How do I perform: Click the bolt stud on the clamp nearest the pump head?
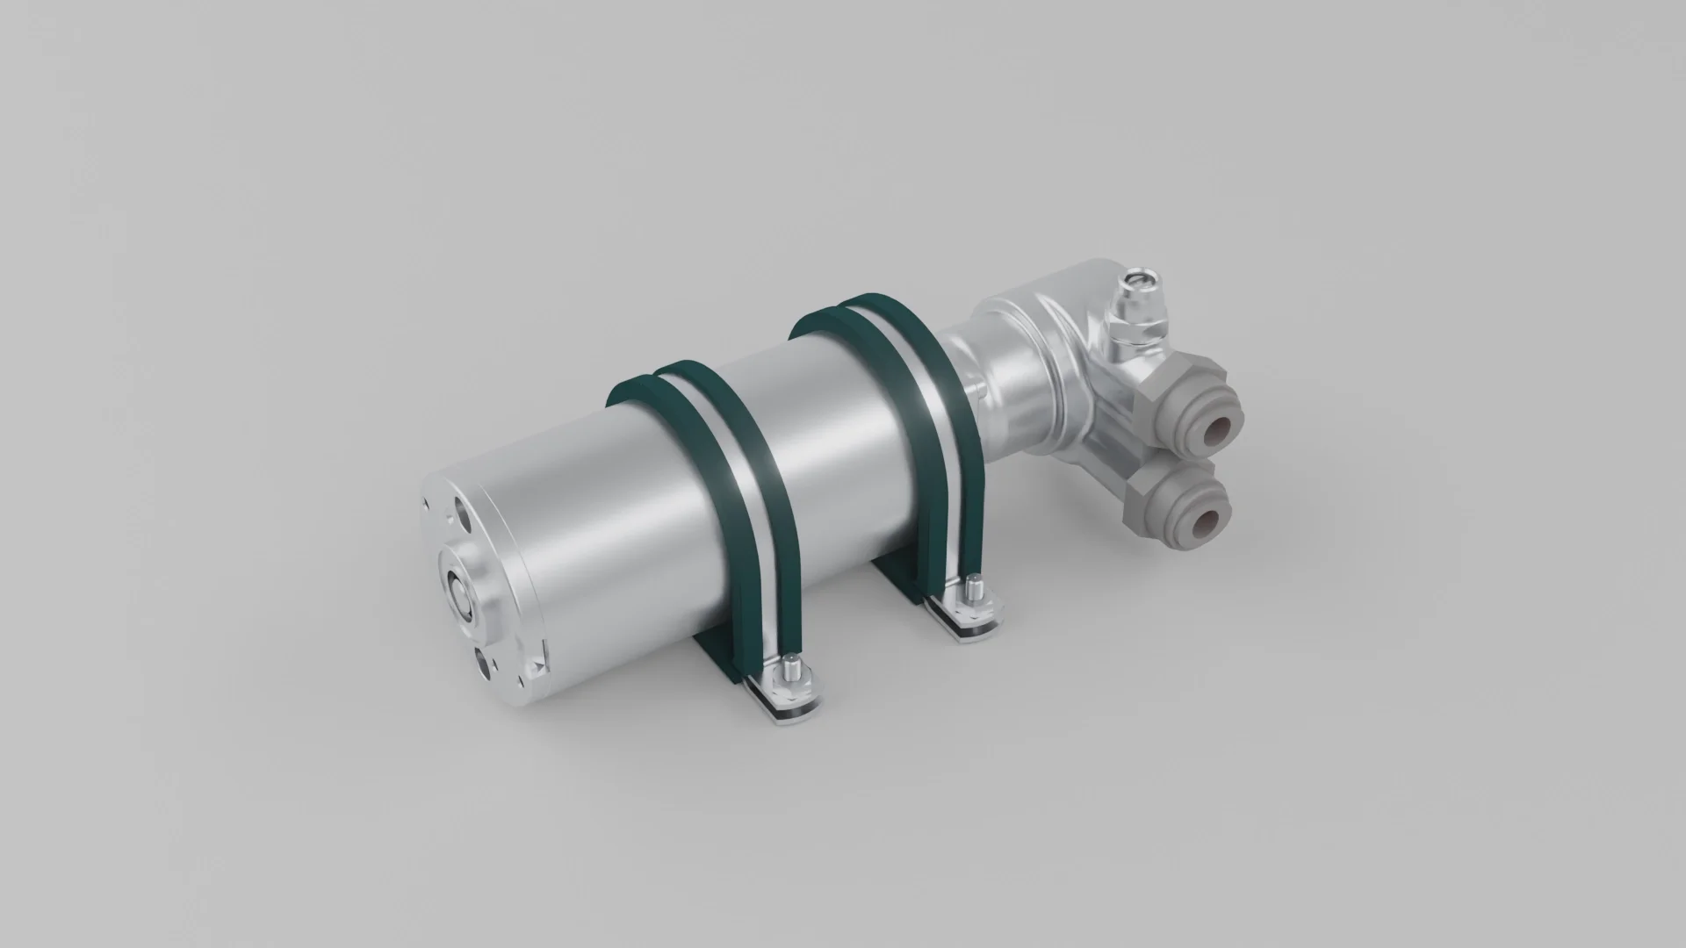click(x=972, y=585)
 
